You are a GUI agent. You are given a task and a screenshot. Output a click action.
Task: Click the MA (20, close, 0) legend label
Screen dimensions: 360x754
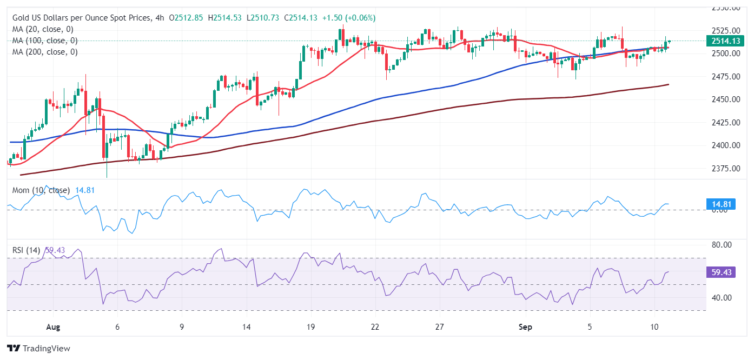coord(43,29)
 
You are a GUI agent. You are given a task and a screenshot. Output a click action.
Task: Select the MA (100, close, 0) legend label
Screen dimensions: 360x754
coord(45,41)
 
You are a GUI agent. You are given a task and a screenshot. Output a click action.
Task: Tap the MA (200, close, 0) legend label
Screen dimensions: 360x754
coord(45,52)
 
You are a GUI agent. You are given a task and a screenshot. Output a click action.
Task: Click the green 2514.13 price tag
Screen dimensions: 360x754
coord(725,41)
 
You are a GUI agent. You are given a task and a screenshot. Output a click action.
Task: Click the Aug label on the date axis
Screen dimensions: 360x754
coord(52,327)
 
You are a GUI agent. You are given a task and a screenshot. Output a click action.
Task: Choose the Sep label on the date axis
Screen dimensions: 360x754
coord(525,327)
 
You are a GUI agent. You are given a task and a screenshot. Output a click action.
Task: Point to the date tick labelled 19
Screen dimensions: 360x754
coord(310,327)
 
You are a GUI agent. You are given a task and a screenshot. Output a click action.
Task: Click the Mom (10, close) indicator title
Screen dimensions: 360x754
coord(41,190)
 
